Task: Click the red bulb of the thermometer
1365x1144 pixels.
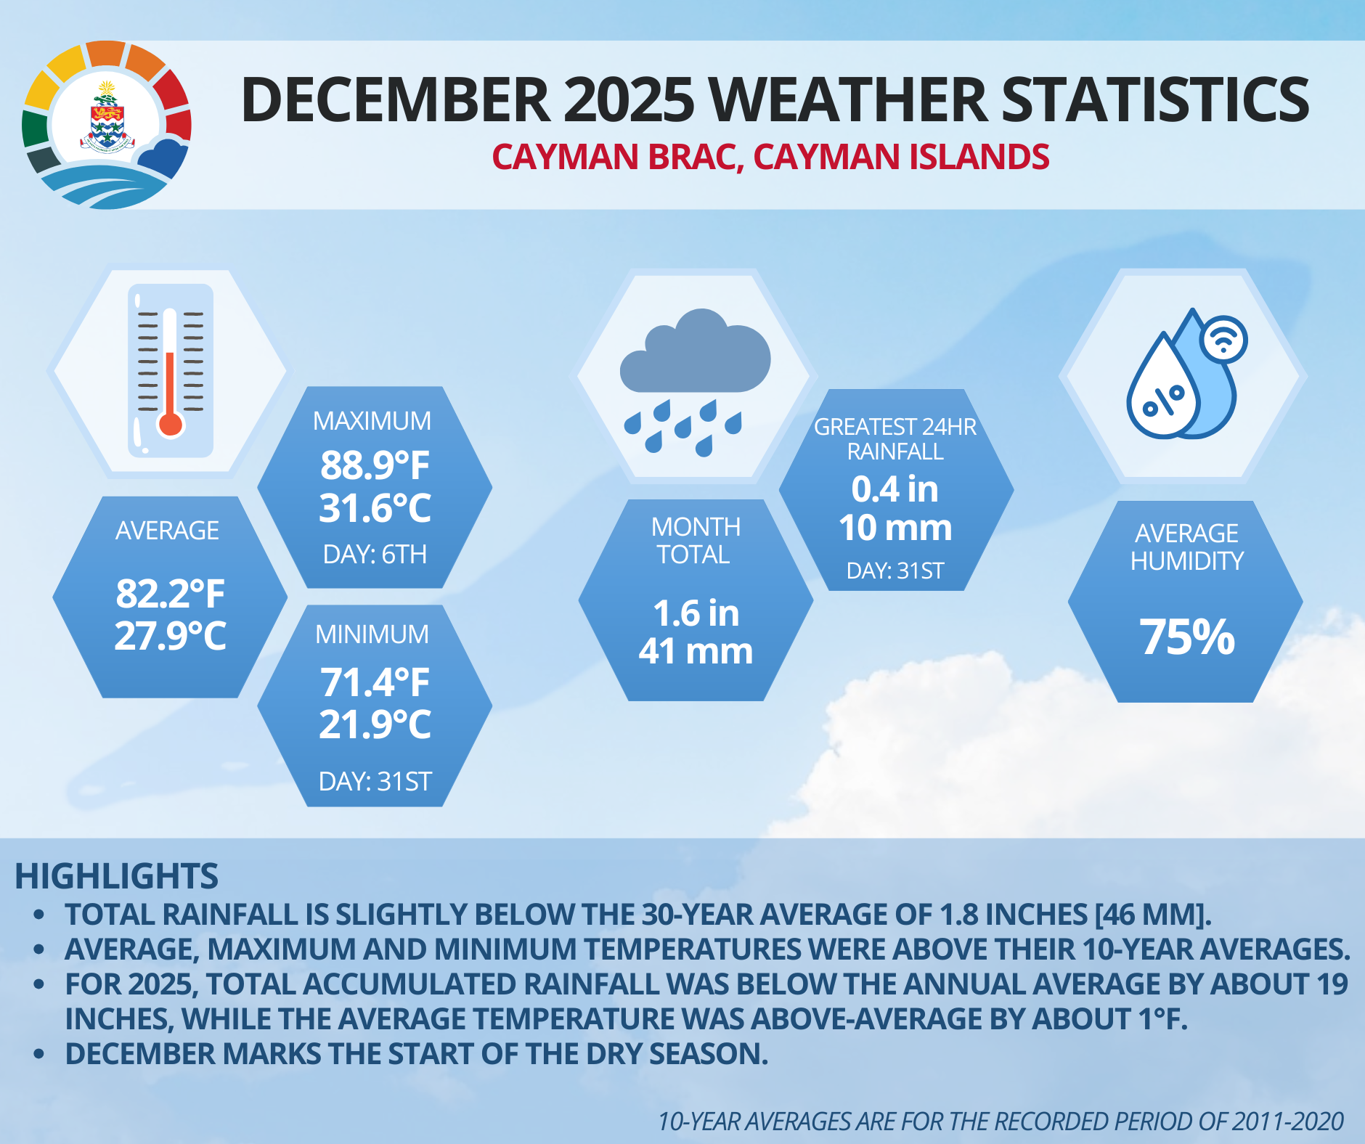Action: point(170,424)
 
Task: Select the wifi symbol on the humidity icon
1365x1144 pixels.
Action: point(1224,339)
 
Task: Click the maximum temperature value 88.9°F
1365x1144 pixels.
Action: point(375,465)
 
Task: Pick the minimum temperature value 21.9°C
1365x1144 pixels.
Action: point(375,724)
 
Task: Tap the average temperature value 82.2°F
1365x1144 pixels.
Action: point(170,593)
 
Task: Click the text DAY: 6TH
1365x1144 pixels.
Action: point(375,555)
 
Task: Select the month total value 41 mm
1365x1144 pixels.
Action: point(696,650)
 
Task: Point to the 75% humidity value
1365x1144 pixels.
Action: point(1186,637)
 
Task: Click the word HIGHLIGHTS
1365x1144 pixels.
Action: point(116,876)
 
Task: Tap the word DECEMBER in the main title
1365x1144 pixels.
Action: point(395,99)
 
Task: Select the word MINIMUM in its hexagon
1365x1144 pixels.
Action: point(372,634)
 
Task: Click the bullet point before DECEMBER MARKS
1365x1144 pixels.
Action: point(39,1054)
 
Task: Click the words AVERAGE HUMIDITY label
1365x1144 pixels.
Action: point(1186,547)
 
